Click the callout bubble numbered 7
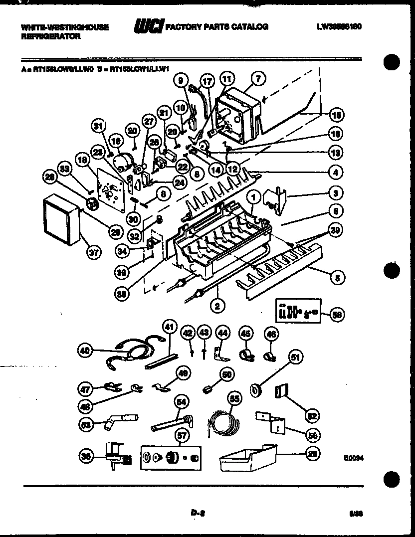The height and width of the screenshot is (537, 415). (258, 78)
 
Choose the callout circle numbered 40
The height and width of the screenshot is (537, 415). (86, 351)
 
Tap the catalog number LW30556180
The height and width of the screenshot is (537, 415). (339, 26)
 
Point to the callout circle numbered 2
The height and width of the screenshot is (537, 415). (216, 306)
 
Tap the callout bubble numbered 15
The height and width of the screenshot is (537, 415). (337, 115)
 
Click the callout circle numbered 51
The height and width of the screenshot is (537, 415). (296, 357)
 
